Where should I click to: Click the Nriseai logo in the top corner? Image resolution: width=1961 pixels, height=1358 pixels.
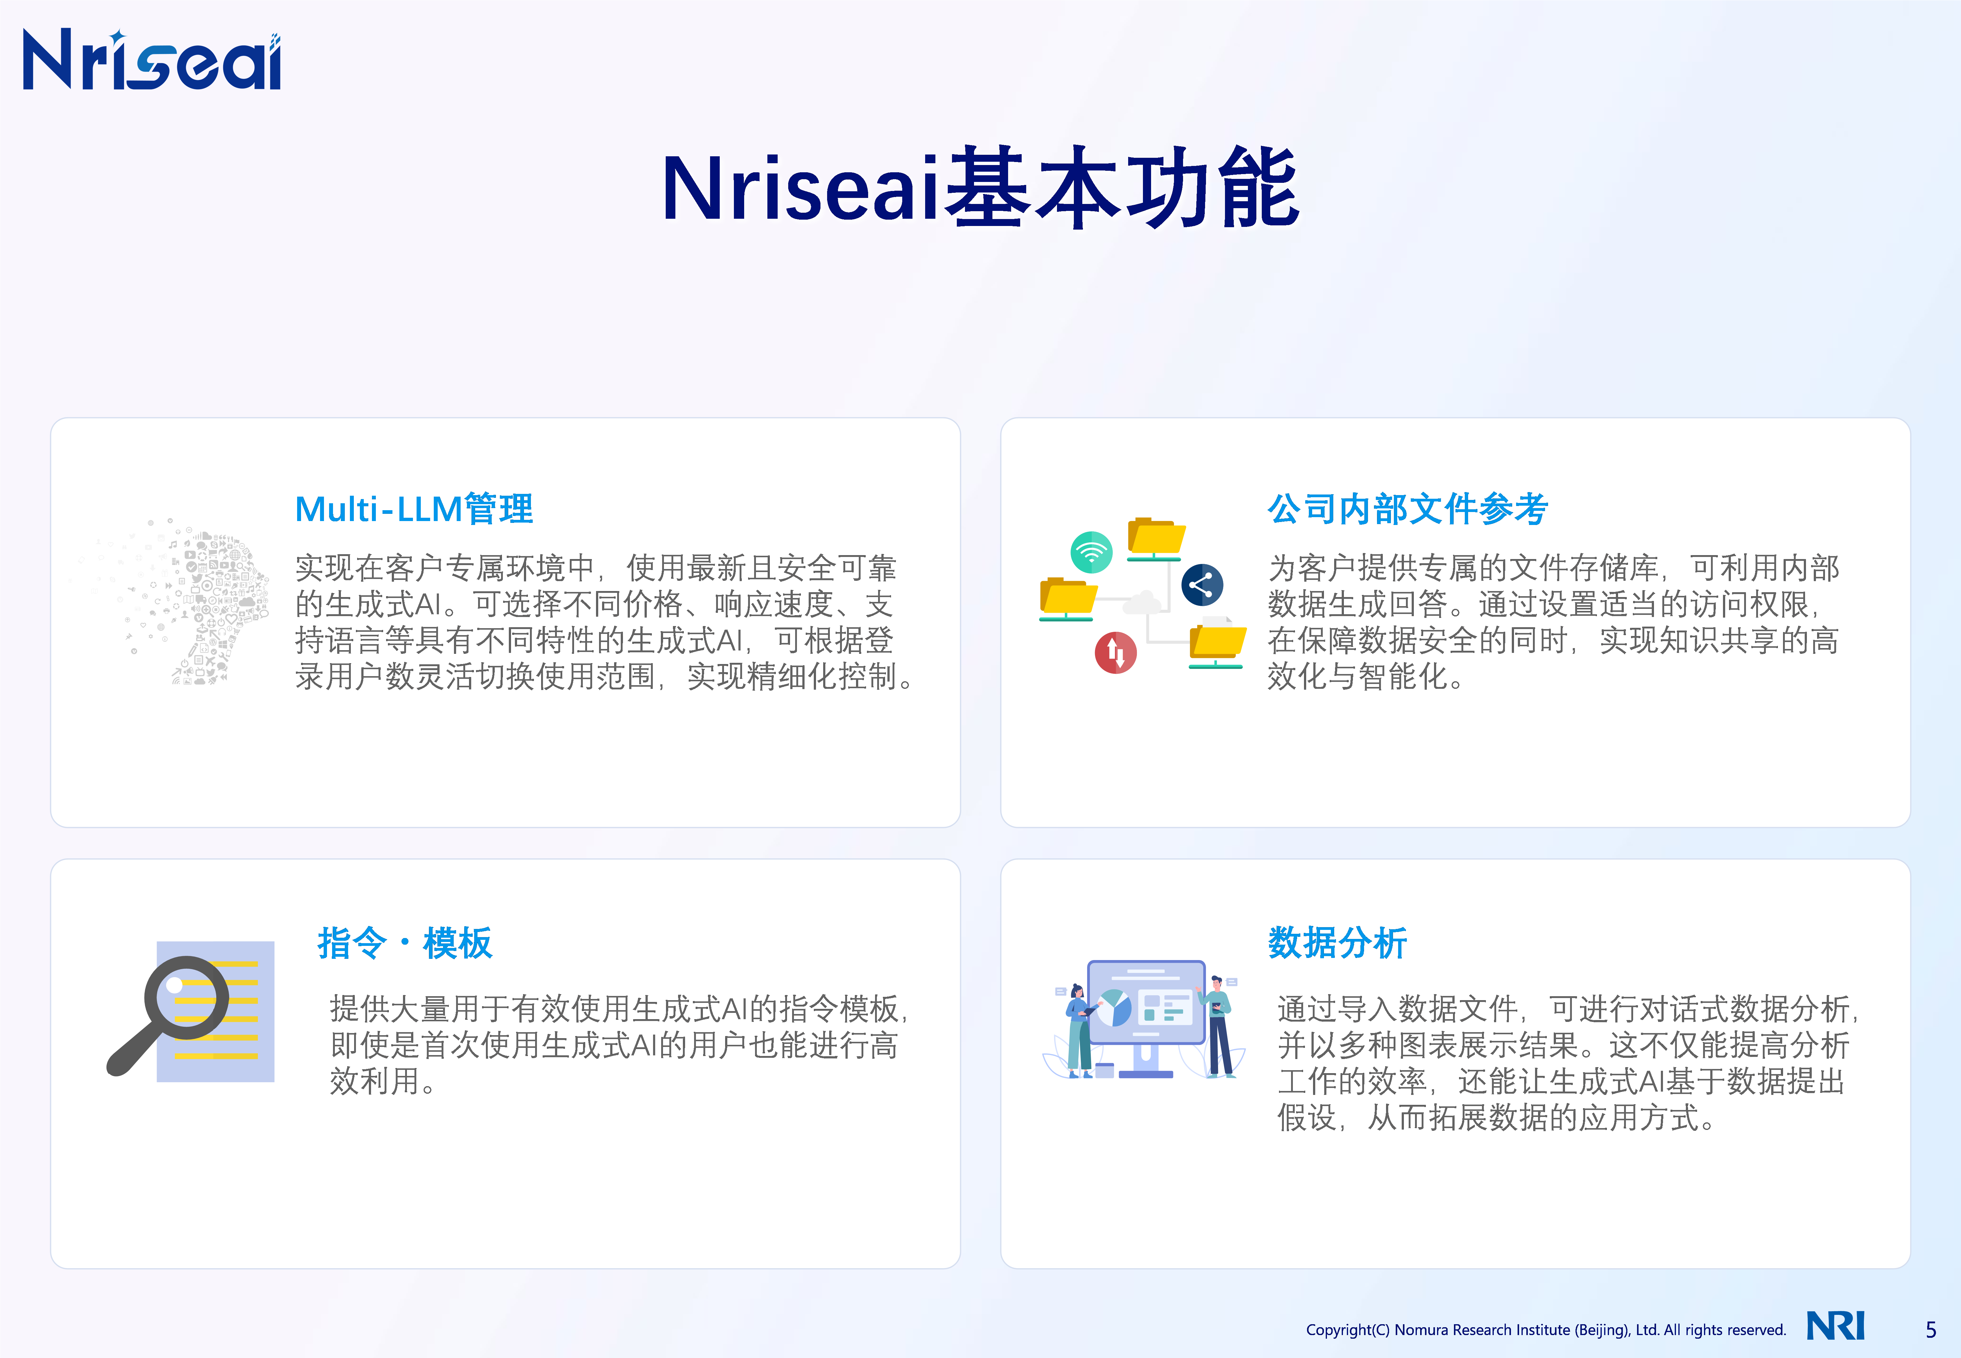[x=151, y=59]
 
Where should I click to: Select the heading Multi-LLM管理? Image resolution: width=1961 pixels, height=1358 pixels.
[x=414, y=509]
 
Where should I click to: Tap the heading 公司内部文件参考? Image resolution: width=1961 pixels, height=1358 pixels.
[x=1407, y=509]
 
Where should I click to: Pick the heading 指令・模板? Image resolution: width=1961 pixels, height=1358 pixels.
[x=405, y=943]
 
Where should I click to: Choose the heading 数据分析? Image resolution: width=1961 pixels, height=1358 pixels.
[x=1337, y=943]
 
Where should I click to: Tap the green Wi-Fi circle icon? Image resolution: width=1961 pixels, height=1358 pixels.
[x=1092, y=552]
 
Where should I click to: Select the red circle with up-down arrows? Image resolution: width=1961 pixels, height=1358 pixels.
[x=1115, y=653]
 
